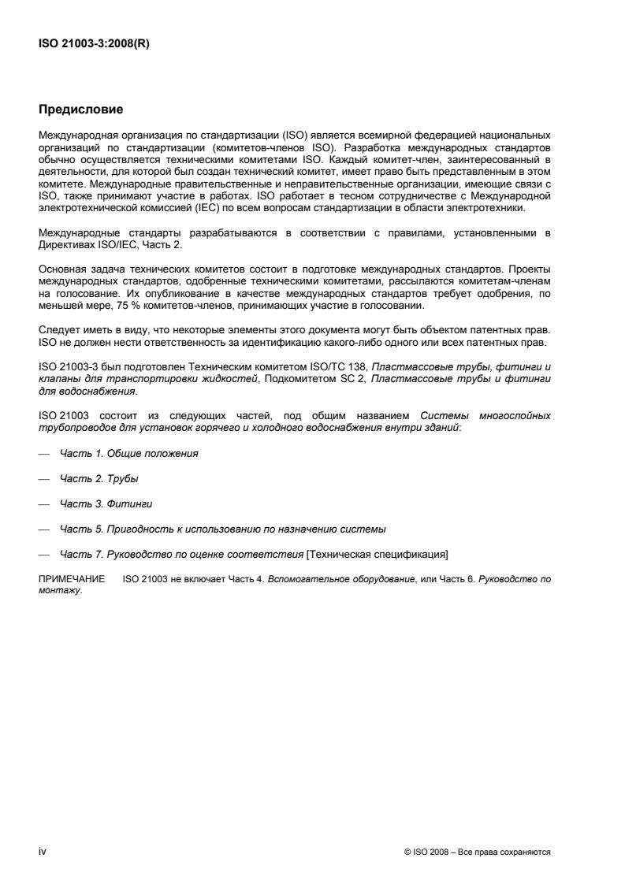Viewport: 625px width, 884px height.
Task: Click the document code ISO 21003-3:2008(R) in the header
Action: [94, 44]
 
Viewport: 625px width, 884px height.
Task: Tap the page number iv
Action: [43, 852]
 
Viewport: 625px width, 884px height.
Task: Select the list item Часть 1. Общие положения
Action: [129, 454]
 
